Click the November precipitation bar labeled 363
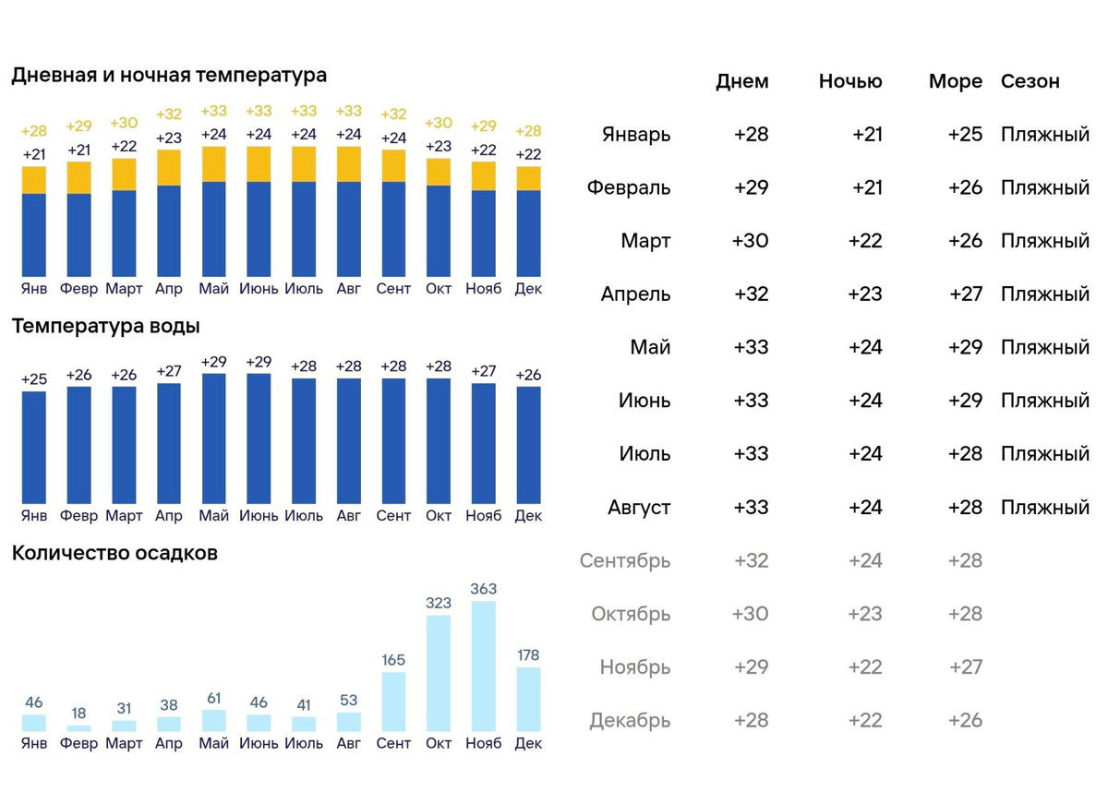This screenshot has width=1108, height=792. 483,666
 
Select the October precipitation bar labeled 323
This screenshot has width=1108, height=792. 439,673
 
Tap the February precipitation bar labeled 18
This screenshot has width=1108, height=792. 79,728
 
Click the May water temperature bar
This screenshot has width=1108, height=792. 214,438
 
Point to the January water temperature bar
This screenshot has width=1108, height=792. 34,447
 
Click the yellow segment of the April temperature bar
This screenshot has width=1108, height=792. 169,167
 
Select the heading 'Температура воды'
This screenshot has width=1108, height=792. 105,326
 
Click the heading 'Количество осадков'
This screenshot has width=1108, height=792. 114,554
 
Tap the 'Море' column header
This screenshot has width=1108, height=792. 956,81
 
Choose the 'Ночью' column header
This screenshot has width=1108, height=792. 850,81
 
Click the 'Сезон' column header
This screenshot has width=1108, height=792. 1030,81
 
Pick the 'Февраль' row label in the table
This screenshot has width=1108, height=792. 629,188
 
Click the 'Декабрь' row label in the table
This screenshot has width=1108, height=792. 630,721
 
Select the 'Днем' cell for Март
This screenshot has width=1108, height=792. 750,241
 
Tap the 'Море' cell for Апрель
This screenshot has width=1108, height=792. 966,294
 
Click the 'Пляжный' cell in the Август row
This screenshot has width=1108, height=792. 1045,508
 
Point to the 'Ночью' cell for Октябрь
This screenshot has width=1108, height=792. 865,614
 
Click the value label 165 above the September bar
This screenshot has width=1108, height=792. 393,660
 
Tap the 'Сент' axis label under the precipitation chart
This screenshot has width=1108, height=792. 393,744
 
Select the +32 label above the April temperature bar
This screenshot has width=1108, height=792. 169,114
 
